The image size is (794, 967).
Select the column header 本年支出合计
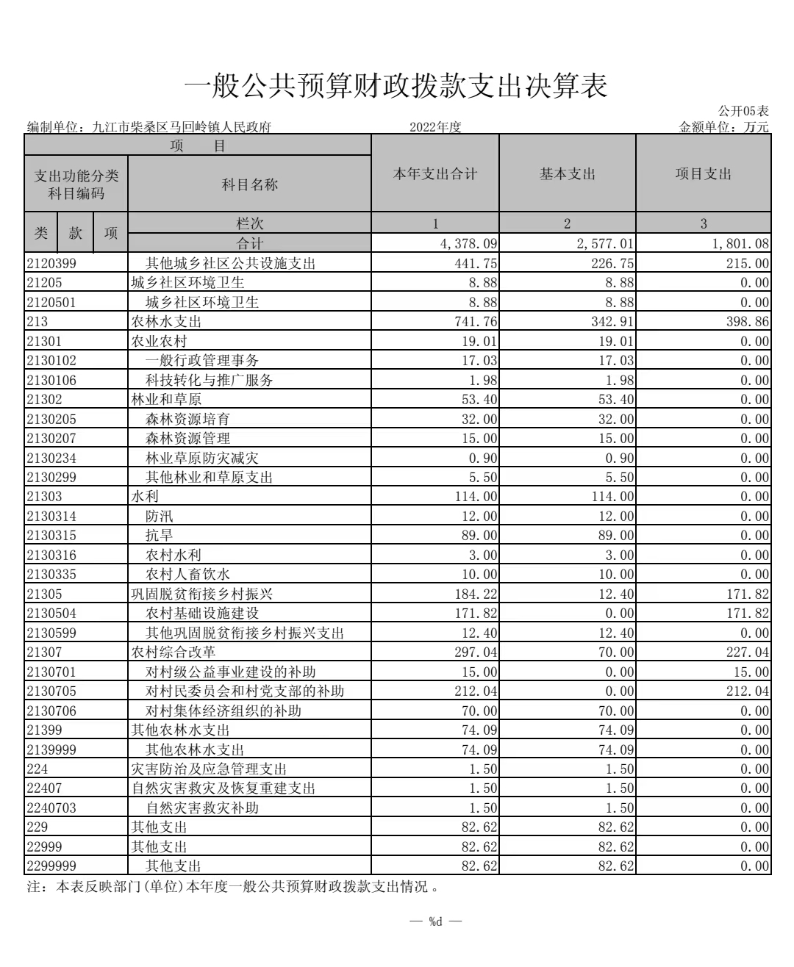click(434, 174)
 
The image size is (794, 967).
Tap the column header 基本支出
click(567, 174)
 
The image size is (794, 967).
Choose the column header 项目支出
click(703, 174)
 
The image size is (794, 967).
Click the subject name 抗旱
click(160, 536)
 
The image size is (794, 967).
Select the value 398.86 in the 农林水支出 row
click(748, 322)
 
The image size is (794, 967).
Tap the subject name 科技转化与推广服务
click(209, 380)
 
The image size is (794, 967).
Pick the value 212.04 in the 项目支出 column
click(748, 691)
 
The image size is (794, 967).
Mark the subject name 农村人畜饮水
click(187, 575)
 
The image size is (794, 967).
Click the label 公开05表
click(743, 111)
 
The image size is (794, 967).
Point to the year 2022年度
click(435, 127)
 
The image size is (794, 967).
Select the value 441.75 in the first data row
click(479, 263)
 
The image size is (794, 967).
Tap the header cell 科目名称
click(249, 184)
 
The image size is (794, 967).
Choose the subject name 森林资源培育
click(187, 419)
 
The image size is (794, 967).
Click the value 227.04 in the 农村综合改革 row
click(748, 653)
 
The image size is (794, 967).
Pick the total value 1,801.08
click(740, 243)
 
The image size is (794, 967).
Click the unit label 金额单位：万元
click(723, 127)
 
